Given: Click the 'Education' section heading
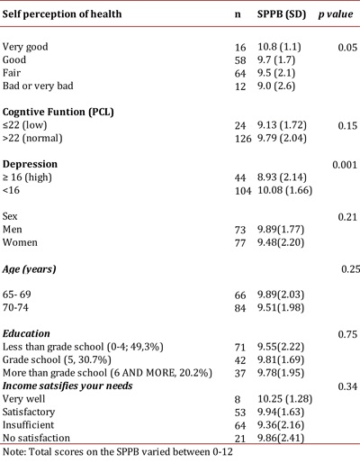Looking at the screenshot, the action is (x=35, y=333).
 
